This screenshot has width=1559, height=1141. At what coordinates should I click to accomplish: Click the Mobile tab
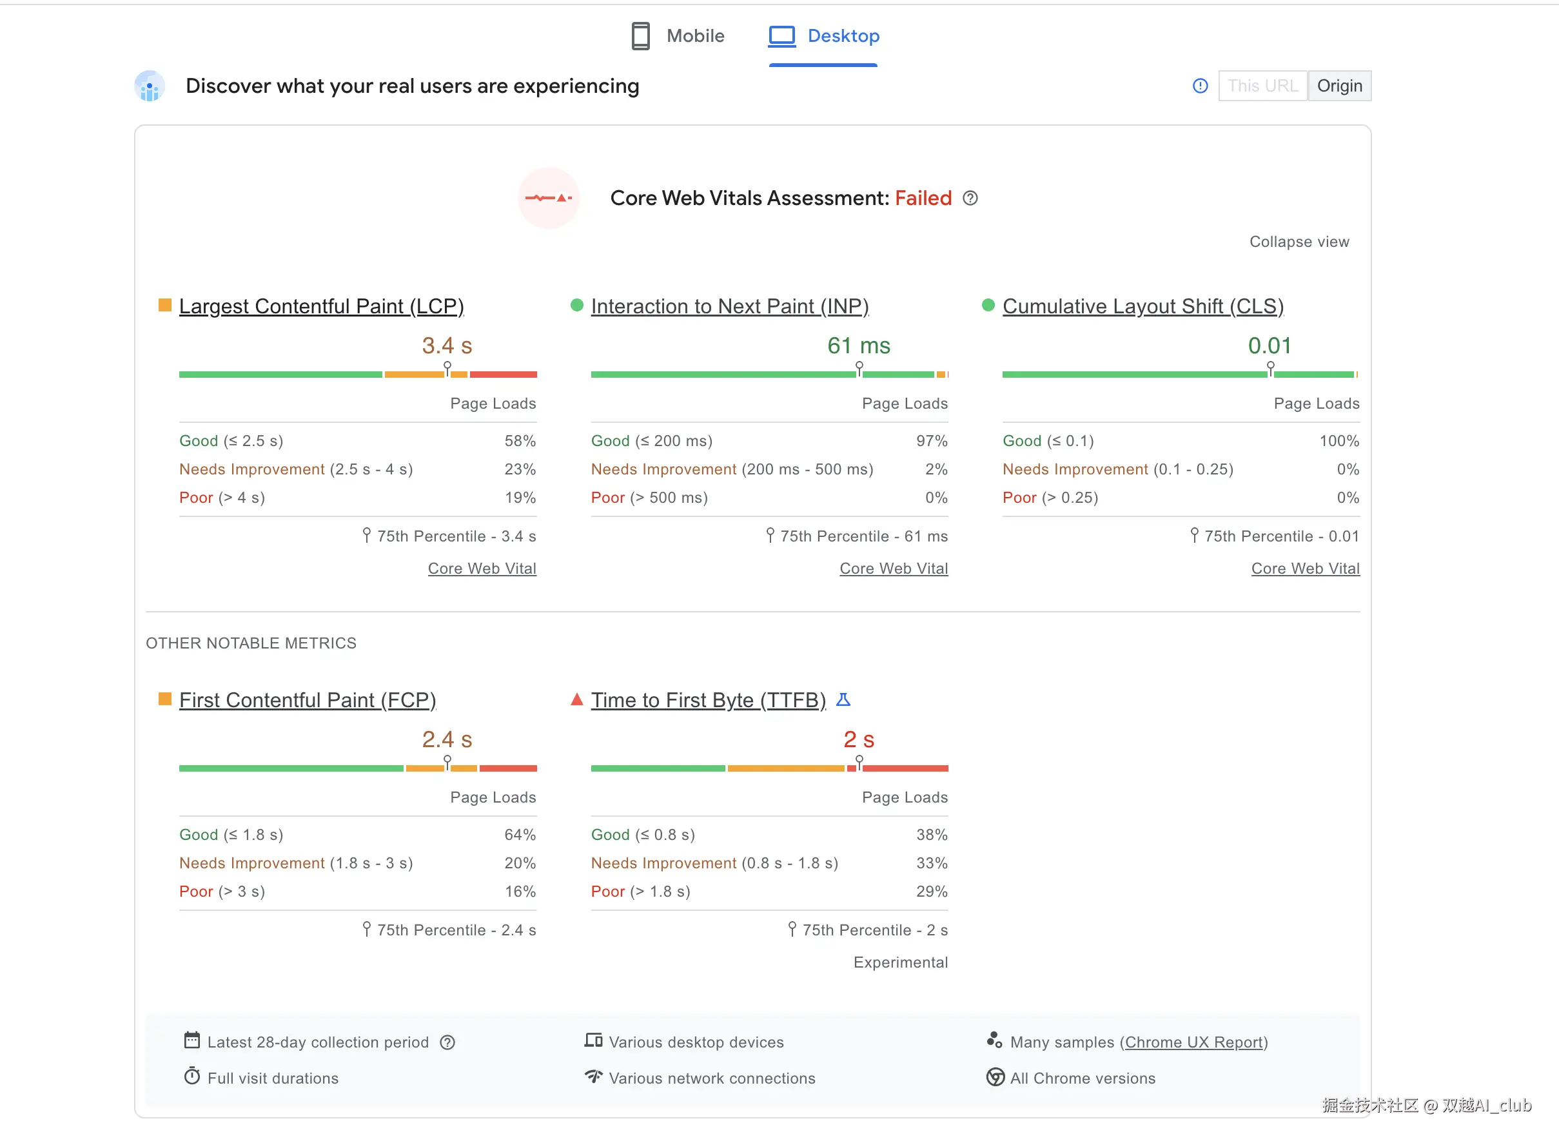(x=678, y=36)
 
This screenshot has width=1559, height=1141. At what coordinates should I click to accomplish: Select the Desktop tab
(x=823, y=36)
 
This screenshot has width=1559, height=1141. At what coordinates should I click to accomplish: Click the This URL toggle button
(x=1262, y=86)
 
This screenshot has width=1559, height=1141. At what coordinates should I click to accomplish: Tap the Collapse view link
(x=1299, y=242)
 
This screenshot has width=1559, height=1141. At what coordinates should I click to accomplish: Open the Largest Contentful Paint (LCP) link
(x=321, y=306)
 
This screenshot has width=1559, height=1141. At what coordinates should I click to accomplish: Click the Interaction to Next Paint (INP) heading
(x=729, y=306)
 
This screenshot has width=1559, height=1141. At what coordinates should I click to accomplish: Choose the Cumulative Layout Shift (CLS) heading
(x=1142, y=306)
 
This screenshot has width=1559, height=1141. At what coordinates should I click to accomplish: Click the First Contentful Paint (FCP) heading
(x=308, y=699)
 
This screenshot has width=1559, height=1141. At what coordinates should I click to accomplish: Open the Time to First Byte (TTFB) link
(x=708, y=699)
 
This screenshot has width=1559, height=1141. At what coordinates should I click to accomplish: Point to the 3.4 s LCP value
(x=447, y=346)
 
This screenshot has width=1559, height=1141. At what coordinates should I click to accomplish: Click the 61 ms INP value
(x=859, y=346)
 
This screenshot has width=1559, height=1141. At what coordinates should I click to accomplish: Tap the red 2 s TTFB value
(x=859, y=739)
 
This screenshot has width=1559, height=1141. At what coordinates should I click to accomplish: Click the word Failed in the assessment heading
(x=923, y=199)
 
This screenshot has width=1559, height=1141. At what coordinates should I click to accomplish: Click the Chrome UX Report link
(x=1193, y=1042)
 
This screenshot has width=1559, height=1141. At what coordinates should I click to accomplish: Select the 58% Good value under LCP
(x=520, y=441)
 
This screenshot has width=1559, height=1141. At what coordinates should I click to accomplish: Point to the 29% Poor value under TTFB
(x=932, y=891)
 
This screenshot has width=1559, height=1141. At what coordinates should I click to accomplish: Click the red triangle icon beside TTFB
(x=577, y=699)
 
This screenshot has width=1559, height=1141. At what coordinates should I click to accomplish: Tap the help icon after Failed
(x=970, y=199)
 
